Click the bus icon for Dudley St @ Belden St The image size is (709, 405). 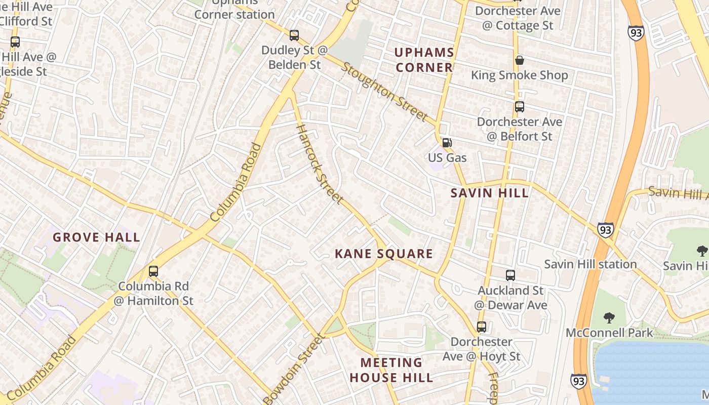point(294,35)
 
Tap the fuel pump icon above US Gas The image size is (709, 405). point(446,143)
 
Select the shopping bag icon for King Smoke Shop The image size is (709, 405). point(519,60)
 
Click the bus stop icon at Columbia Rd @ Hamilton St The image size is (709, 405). point(153,271)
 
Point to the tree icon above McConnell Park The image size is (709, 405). point(609,318)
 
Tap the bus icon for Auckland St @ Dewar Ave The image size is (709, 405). point(510,275)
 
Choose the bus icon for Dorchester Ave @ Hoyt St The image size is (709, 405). point(481,327)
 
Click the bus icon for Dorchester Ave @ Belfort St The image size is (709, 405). point(519,107)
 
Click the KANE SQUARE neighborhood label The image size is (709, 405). point(384,254)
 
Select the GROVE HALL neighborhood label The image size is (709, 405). point(96,237)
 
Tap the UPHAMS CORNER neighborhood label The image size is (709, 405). point(424,60)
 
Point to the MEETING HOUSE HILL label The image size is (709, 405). point(391,370)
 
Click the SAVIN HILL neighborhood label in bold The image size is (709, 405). point(490,193)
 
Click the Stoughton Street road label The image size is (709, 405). point(385,92)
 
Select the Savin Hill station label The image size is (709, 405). point(590,264)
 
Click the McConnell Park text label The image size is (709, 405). point(609,333)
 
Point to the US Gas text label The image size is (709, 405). point(447,157)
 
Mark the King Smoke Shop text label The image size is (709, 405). point(519,75)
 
